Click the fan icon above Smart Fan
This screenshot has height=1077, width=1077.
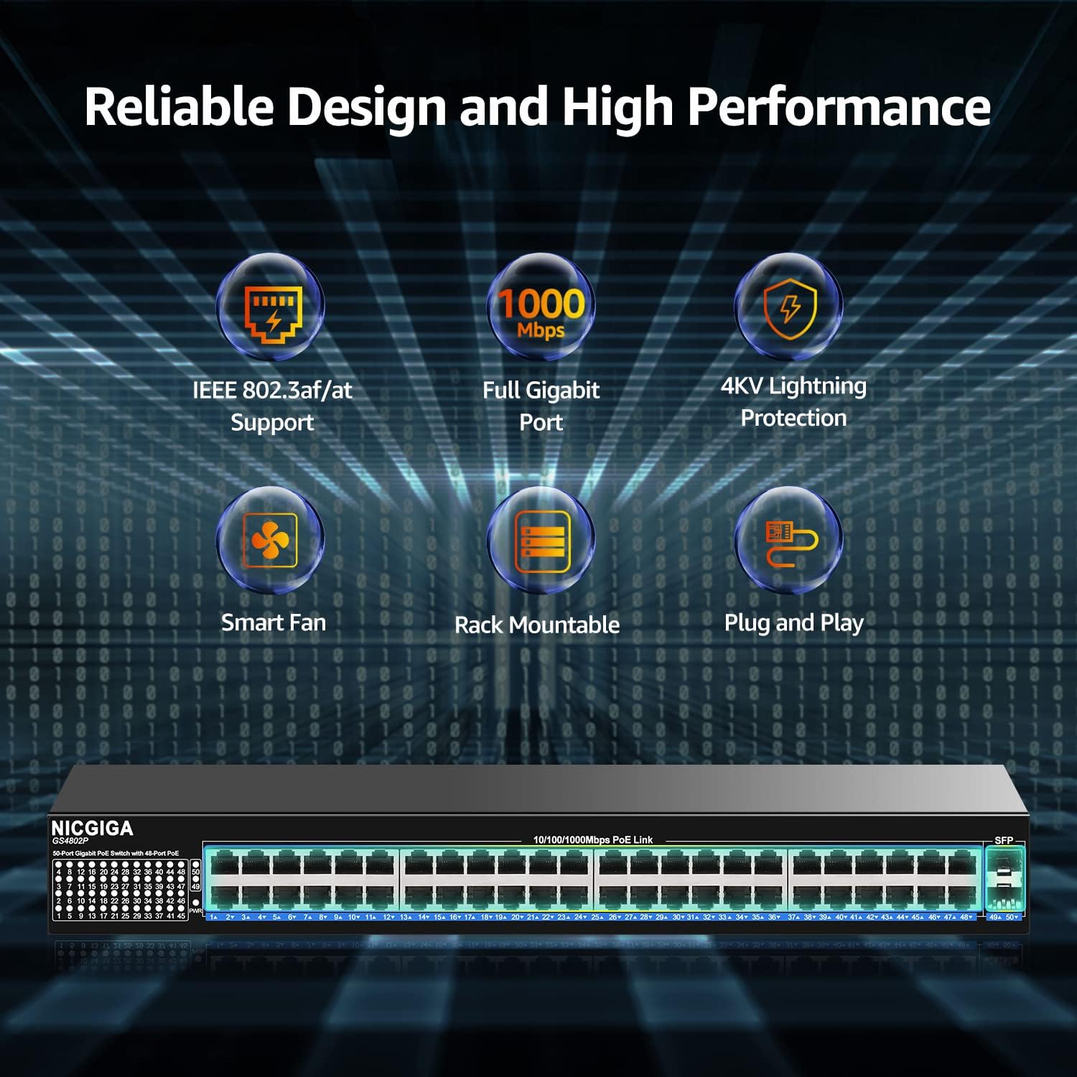point(270,541)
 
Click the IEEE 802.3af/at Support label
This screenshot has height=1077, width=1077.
point(272,406)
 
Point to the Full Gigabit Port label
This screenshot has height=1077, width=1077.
point(541,406)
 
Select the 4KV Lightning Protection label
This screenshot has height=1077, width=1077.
point(793,402)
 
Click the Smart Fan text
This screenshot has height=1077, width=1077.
point(273,623)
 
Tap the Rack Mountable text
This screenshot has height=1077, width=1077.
point(537,625)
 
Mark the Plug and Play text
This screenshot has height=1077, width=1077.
point(793,623)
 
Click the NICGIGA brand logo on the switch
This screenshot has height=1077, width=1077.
point(92,829)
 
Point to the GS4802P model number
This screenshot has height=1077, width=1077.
point(70,841)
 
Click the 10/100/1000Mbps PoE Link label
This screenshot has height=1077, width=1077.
point(592,839)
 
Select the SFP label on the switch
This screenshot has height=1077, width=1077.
point(1003,840)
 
